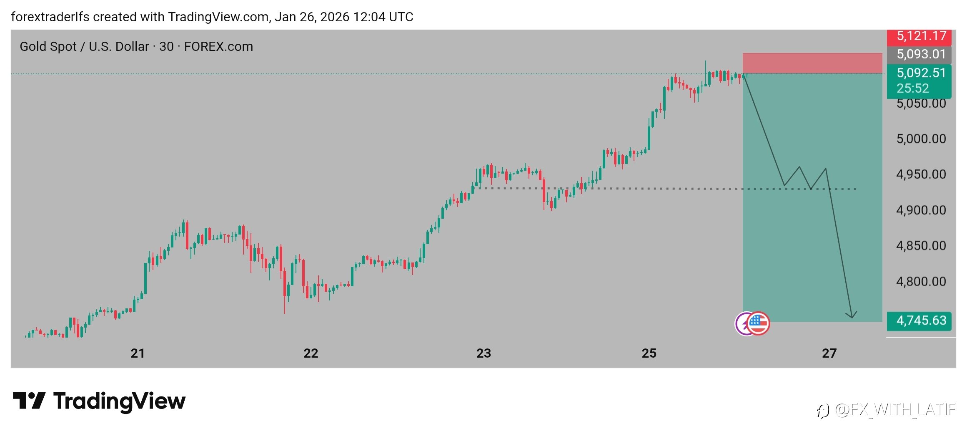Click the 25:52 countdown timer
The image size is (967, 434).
click(x=913, y=88)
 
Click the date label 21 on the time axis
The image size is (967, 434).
click(x=138, y=353)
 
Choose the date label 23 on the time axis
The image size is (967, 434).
click(x=483, y=353)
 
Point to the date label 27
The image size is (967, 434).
click(x=829, y=353)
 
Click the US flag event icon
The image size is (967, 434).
click(x=758, y=323)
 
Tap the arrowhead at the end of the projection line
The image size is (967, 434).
click(x=852, y=316)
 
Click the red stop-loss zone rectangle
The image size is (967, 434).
click(x=812, y=63)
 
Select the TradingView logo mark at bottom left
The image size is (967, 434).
click(x=29, y=401)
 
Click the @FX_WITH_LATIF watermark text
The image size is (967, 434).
click(x=895, y=410)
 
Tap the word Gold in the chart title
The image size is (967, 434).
click(x=33, y=46)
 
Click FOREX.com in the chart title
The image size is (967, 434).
click(x=218, y=46)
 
